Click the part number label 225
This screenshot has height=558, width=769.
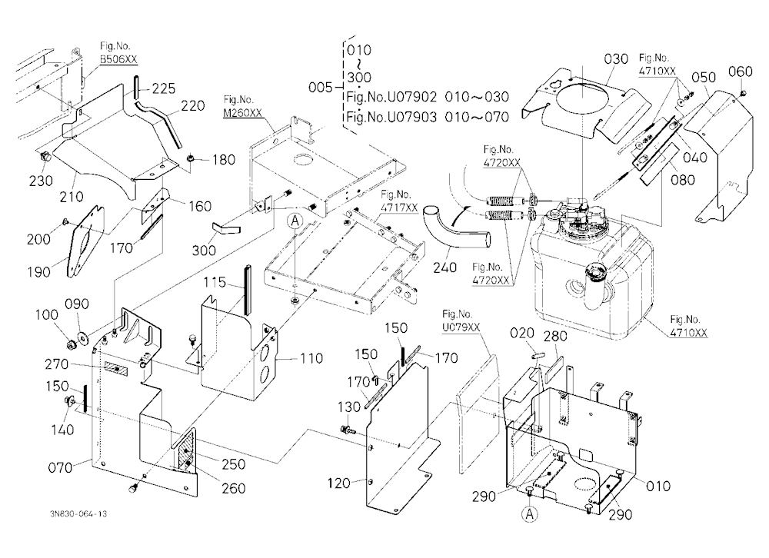tap(163, 88)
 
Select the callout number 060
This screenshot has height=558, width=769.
tap(740, 71)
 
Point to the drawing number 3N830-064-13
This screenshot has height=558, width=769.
tap(78, 514)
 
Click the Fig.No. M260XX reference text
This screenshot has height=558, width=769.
tap(242, 106)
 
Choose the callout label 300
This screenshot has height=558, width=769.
tap(204, 250)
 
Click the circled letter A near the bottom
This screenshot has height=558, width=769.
tap(529, 514)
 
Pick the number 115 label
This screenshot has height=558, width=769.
tap(215, 282)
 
